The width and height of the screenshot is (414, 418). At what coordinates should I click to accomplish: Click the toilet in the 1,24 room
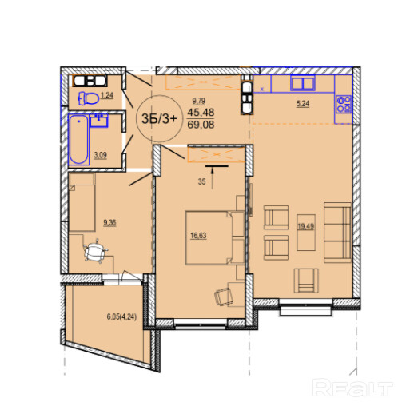(x=89, y=98)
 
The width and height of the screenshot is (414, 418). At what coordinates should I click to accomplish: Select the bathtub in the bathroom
(x=78, y=139)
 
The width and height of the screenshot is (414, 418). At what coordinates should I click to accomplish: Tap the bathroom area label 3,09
(x=100, y=155)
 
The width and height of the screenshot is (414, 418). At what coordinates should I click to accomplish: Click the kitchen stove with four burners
(x=344, y=104)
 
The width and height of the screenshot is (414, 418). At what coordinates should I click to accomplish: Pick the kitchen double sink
(x=303, y=83)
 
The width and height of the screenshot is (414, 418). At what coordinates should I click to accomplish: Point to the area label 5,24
(x=303, y=103)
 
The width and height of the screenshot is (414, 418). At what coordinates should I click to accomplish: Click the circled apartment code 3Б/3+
(x=159, y=118)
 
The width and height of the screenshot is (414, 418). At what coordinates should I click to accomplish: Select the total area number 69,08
(x=201, y=125)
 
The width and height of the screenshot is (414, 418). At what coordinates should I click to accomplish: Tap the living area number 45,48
(x=201, y=112)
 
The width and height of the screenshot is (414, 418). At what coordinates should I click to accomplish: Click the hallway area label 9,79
(x=198, y=101)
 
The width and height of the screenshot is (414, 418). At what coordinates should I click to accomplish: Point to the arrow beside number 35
(x=213, y=179)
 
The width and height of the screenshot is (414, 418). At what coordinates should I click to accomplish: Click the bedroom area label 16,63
(x=198, y=236)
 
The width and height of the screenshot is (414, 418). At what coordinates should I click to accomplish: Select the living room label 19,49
(x=306, y=226)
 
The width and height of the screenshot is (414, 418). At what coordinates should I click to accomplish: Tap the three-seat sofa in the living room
(x=337, y=233)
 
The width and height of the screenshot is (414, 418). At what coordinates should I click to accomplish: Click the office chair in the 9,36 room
(x=95, y=251)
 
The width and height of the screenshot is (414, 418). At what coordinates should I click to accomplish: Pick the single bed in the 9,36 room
(x=82, y=201)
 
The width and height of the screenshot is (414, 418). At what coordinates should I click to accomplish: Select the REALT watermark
(x=352, y=388)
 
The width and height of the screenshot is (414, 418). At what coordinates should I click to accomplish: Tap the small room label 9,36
(x=109, y=222)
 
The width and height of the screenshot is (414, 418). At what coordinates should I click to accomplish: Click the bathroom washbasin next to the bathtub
(x=99, y=120)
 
